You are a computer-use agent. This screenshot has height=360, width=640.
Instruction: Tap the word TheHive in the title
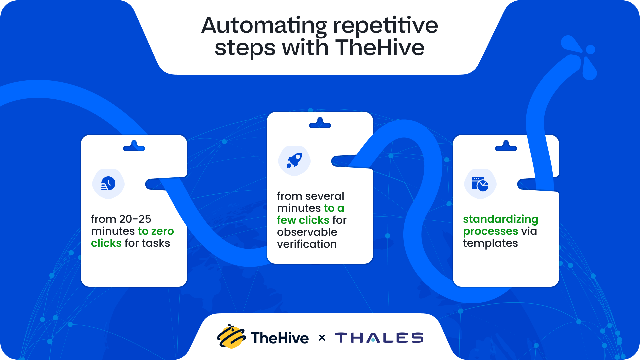(380, 48)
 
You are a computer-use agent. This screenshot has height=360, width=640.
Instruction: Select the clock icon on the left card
(108, 184)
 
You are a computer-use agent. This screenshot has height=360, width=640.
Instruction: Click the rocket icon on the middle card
(294, 161)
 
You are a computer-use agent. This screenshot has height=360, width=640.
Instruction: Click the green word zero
(163, 231)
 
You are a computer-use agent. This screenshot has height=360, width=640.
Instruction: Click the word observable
(307, 232)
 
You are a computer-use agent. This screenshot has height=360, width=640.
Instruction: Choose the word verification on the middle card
(307, 244)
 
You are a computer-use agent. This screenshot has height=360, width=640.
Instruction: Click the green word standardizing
(500, 219)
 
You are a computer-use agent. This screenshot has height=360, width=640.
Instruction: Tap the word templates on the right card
(490, 243)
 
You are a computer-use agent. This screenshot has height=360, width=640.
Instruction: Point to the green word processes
(490, 231)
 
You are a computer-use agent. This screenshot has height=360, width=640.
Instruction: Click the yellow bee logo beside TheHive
(231, 337)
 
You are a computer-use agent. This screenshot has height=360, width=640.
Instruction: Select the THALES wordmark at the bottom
(379, 338)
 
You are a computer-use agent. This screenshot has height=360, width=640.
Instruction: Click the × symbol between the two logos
(322, 338)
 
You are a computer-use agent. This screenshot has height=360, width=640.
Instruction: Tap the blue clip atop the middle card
(320, 123)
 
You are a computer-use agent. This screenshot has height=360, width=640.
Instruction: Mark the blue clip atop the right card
(506, 146)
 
